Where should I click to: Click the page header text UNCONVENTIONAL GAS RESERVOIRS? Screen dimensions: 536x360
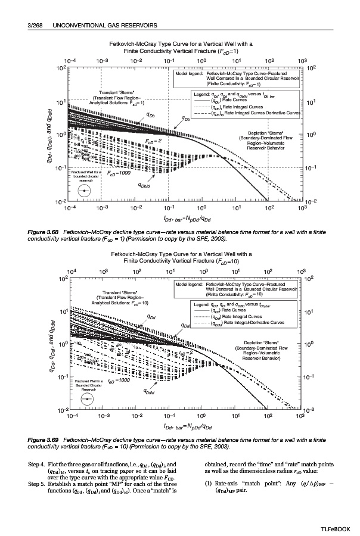[105, 26]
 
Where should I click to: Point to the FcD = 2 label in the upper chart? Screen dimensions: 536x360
[154, 141]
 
